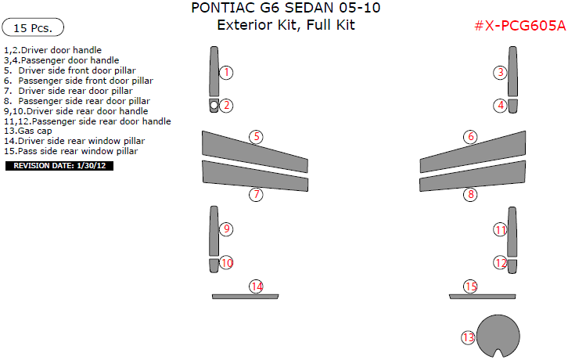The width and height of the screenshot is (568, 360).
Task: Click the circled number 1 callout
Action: click(x=226, y=73)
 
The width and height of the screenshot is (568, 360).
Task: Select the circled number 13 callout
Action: click(x=468, y=337)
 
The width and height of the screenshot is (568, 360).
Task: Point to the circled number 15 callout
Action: click(x=470, y=286)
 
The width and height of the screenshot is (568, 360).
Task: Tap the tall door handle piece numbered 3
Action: click(x=512, y=72)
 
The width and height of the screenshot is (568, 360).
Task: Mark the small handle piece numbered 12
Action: click(x=512, y=265)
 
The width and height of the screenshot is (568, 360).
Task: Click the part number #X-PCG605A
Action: click(x=519, y=25)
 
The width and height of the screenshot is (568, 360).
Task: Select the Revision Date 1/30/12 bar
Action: click(x=59, y=166)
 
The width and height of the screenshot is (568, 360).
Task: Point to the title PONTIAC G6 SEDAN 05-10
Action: click(x=286, y=9)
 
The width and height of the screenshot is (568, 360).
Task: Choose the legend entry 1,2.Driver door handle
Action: click(x=52, y=49)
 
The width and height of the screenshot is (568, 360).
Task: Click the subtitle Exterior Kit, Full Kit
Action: click(x=286, y=25)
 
